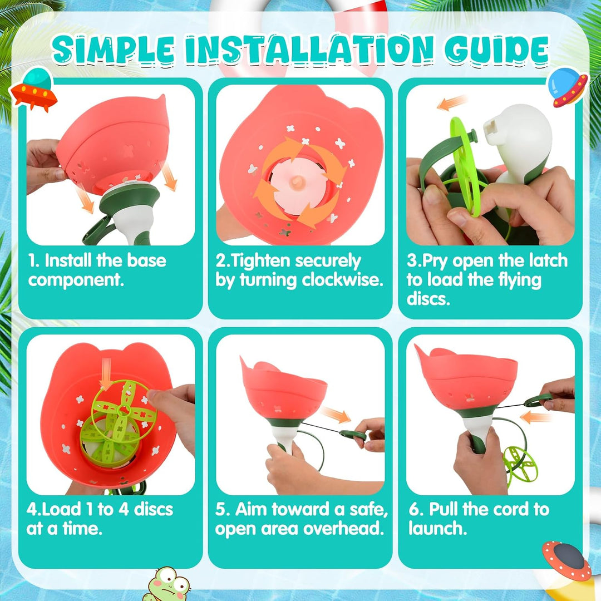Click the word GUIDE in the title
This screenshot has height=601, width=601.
pyautogui.click(x=497, y=51)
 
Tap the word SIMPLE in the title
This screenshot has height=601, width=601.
pyautogui.click(x=113, y=51)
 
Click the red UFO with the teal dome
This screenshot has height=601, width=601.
pyautogui.click(x=34, y=89)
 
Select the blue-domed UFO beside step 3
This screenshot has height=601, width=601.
pyautogui.click(x=566, y=87)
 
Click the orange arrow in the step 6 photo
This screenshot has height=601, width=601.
pyautogui.click(x=535, y=417)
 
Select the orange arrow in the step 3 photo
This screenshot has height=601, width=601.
pyautogui.click(x=452, y=103)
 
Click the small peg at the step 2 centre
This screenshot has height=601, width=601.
pyautogui.click(x=297, y=182)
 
